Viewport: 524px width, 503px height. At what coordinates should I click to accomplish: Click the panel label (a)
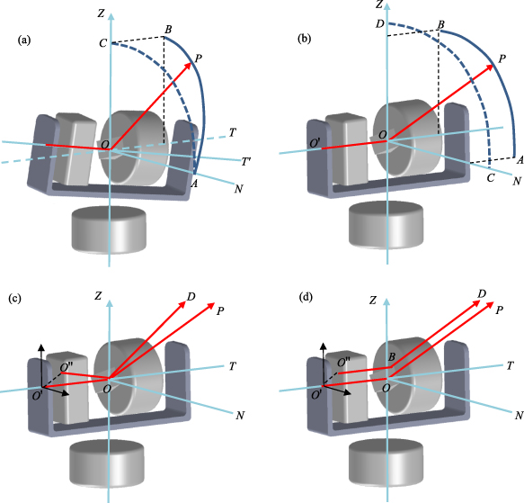pyautogui.click(x=25, y=40)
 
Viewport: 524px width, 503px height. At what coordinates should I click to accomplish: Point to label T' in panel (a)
pyautogui.click(x=246, y=161)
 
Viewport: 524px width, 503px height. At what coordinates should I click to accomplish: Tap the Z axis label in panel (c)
pyautogui.click(x=99, y=296)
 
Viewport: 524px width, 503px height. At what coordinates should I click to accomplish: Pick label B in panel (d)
pyautogui.click(x=391, y=358)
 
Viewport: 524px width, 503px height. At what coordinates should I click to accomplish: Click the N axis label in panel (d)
pyautogui.click(x=518, y=415)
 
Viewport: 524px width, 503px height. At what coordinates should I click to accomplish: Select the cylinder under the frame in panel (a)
pyautogui.click(x=109, y=229)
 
